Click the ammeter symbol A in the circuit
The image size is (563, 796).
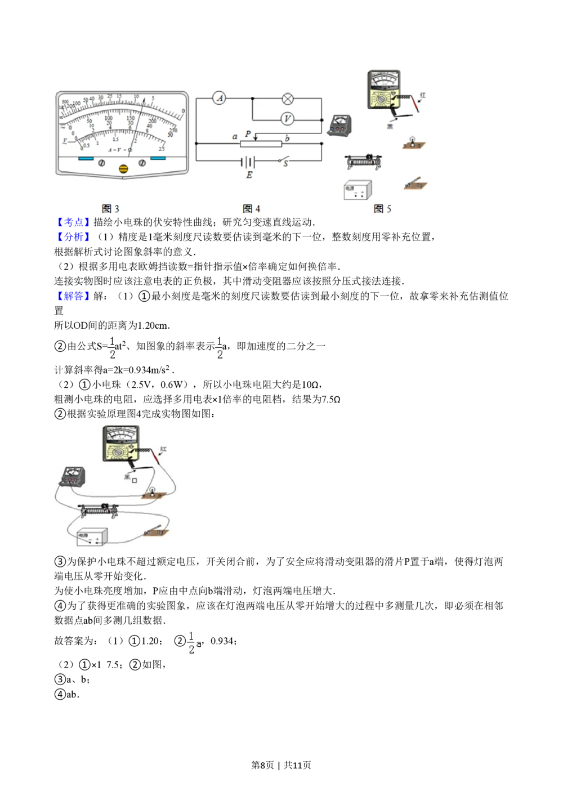(220, 99)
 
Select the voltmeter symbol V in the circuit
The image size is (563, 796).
(288, 119)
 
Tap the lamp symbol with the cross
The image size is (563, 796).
(288, 99)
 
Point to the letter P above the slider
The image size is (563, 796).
(248, 135)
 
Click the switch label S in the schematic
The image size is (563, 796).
(285, 164)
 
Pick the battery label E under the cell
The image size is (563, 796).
(249, 175)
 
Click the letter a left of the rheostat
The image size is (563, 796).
(235, 137)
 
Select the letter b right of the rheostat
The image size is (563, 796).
(287, 138)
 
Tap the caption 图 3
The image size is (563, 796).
(110, 209)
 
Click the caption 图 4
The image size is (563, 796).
(252, 209)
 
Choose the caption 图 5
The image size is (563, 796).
(382, 209)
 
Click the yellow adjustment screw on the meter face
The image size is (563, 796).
(124, 168)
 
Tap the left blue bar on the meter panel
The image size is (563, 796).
(86, 159)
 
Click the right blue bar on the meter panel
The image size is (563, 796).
(158, 159)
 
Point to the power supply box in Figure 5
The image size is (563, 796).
(358, 189)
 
